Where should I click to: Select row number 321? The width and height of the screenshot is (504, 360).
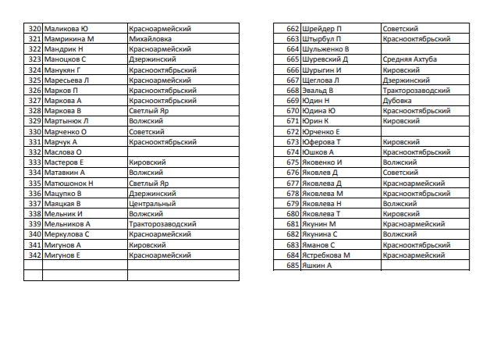(x=34, y=39)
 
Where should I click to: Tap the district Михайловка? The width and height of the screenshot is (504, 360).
(x=151, y=39)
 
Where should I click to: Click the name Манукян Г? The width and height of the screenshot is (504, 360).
(x=63, y=70)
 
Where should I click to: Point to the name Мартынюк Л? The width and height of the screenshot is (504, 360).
(x=66, y=121)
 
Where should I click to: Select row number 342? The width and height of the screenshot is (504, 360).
(x=34, y=255)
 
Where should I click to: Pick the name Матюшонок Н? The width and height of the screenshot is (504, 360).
(x=69, y=183)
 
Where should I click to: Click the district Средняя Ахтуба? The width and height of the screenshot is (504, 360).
(x=410, y=59)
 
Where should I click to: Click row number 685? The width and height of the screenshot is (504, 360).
(x=293, y=266)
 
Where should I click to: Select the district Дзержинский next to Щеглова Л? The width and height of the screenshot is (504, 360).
(x=406, y=80)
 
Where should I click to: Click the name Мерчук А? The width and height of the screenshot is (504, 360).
(x=62, y=141)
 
